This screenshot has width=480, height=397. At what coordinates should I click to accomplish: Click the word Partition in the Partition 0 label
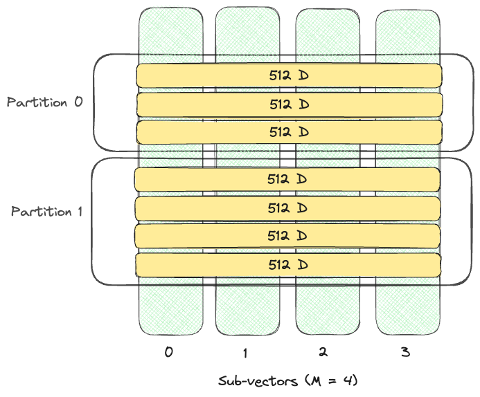[36, 102]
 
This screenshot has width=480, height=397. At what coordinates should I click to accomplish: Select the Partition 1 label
[46, 212]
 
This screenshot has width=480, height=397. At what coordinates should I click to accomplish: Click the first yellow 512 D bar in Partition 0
[289, 75]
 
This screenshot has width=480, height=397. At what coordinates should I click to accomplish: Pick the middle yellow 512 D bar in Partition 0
[289, 104]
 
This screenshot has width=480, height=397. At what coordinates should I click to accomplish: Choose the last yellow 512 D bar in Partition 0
[289, 132]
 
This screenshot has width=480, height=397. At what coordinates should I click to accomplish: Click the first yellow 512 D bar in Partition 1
[287, 179]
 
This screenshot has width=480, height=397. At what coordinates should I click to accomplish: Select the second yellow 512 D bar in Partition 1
[287, 207]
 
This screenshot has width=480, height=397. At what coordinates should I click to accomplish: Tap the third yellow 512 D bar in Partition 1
[287, 236]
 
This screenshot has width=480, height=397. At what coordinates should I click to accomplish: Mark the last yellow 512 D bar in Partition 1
[287, 264]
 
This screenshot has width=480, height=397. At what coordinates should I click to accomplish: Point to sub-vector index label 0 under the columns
[168, 352]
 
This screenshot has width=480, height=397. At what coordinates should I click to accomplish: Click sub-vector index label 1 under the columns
[245, 353]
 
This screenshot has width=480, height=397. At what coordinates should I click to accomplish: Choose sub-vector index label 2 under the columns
[323, 352]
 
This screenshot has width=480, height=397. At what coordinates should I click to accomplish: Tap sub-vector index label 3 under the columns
[406, 352]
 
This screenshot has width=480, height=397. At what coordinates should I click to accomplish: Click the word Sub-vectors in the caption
[249, 381]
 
